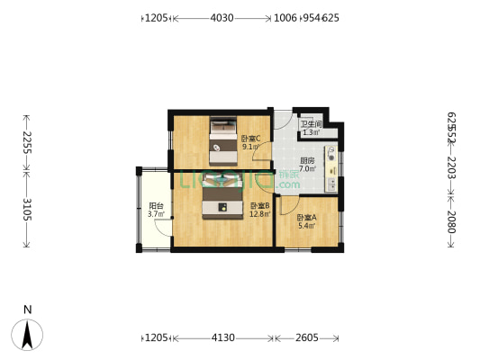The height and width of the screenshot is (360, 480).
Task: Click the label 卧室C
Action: pos(250,138)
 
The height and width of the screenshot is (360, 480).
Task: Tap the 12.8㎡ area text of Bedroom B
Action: pos(259,214)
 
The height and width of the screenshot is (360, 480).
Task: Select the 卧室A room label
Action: pos(307,217)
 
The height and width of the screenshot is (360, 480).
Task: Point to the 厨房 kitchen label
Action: pos(307,158)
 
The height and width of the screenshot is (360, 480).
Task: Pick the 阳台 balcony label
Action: pos(155,206)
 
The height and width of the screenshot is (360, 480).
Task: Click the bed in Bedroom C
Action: pos(223,140)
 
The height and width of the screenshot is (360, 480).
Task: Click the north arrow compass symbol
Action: pos(28,335)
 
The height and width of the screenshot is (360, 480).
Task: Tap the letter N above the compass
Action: pos(28,310)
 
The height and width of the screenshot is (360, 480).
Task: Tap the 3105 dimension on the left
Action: pos(27,210)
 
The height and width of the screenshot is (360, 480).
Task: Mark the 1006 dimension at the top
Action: pos(285,17)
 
